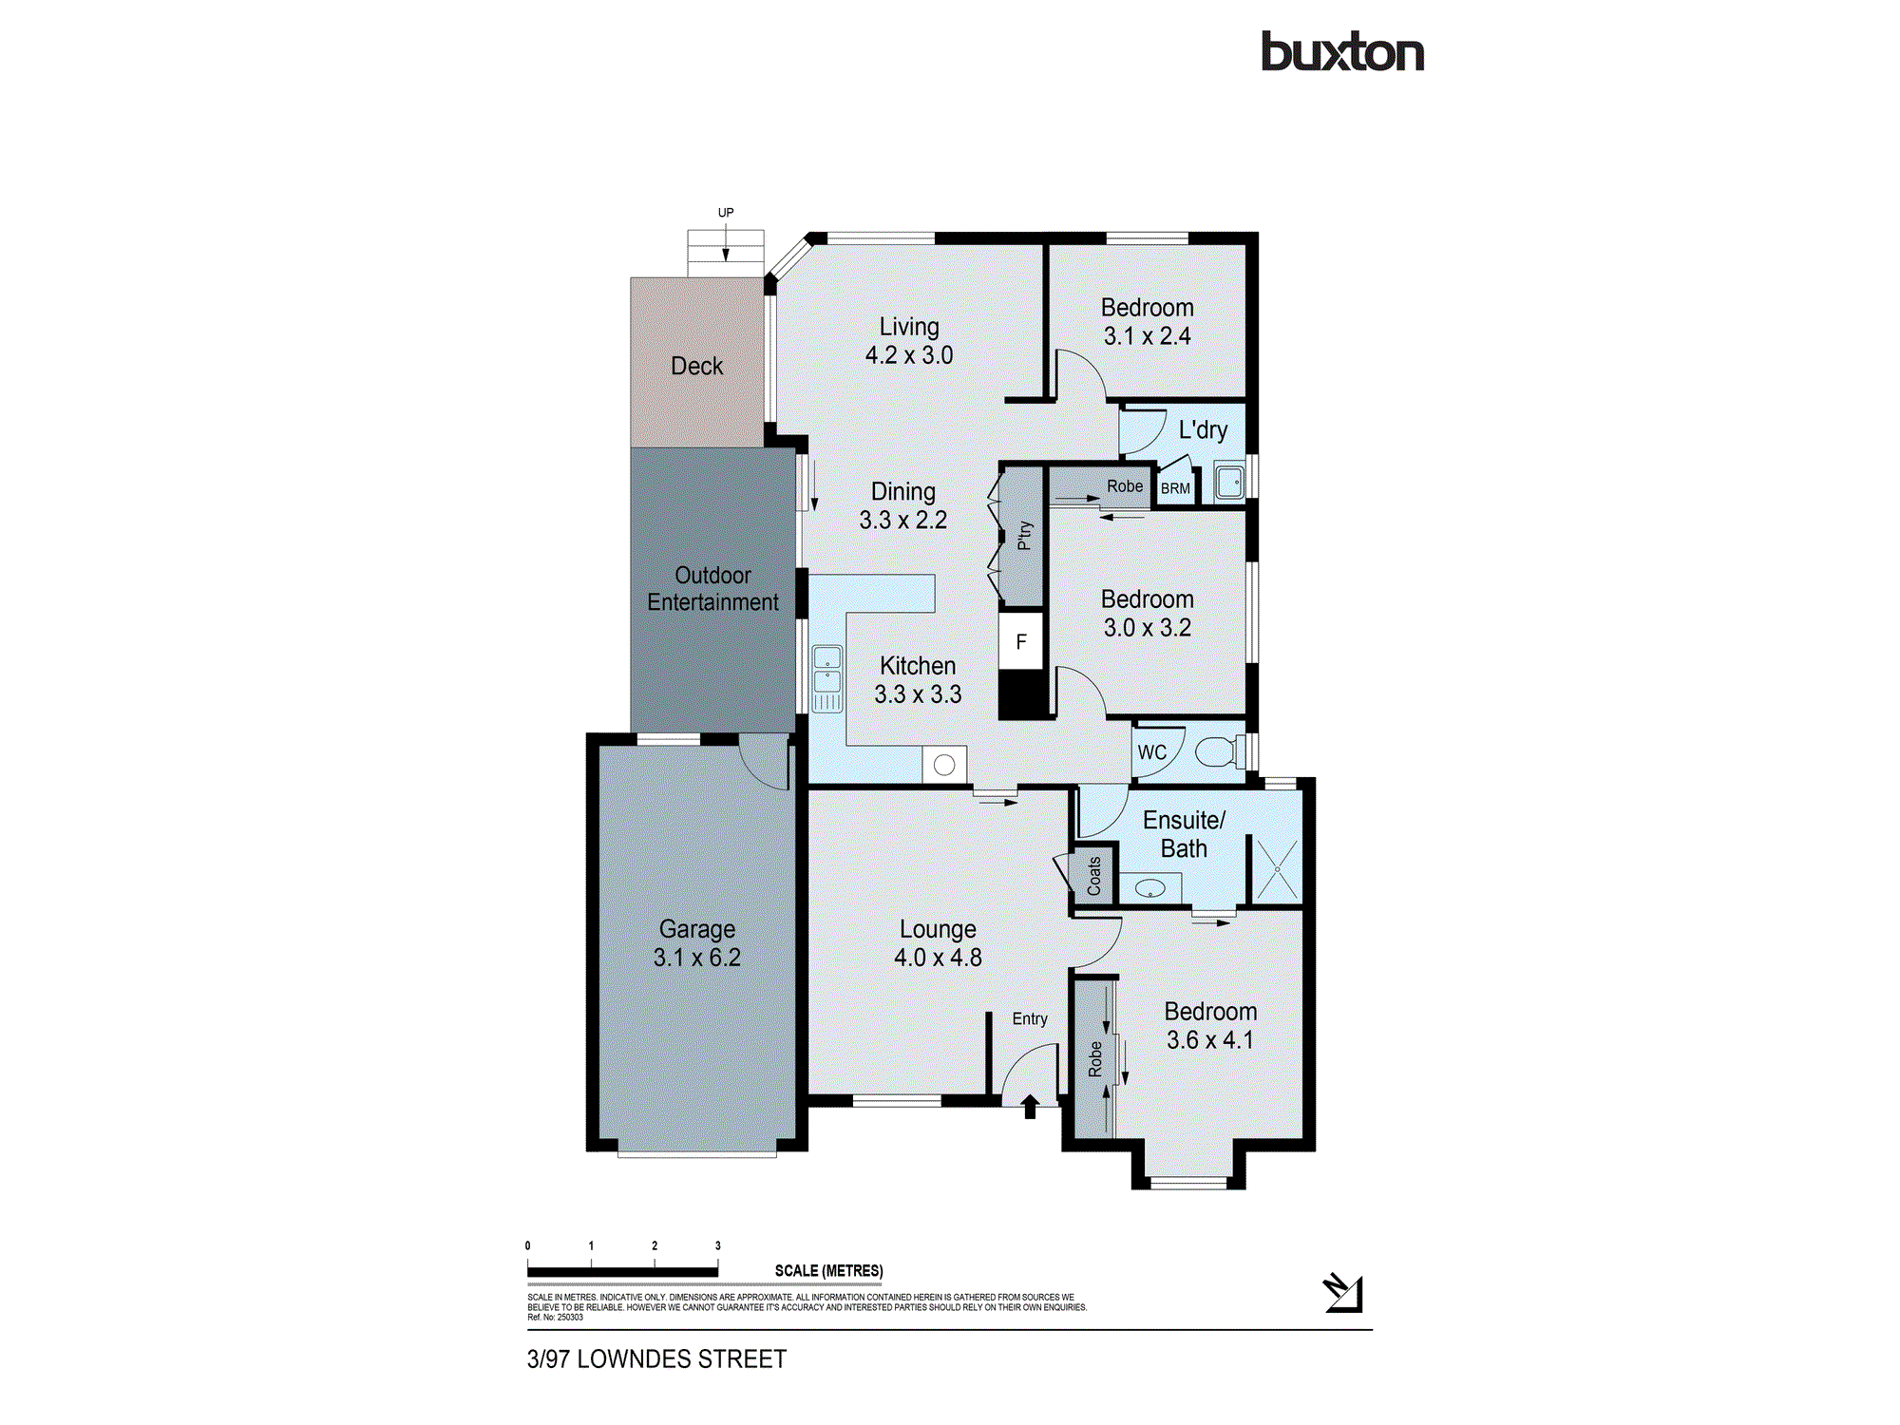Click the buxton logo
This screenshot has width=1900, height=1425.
tap(1341, 52)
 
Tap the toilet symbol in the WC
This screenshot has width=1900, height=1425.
tap(1217, 752)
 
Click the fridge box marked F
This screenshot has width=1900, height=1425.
tap(1021, 642)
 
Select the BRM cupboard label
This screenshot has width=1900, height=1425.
tap(1175, 488)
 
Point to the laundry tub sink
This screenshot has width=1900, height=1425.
tap(1230, 483)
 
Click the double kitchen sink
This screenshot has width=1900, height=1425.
tap(826, 670)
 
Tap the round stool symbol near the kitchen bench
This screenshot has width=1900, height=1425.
tap(944, 765)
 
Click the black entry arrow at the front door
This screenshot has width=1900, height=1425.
tap(1030, 1107)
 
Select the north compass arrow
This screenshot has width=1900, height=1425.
tap(1343, 1293)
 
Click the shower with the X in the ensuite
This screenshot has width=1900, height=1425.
tap(1277, 869)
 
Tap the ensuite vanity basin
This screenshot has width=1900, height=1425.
tap(1150, 889)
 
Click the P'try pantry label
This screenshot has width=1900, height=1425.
tap(1024, 535)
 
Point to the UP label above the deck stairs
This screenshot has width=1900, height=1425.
tap(726, 212)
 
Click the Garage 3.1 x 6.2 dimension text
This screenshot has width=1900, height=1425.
tap(696, 958)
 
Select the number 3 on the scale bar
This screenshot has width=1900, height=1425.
tap(718, 1245)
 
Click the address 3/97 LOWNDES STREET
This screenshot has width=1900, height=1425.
tap(656, 1359)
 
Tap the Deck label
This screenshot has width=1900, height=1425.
tap(696, 366)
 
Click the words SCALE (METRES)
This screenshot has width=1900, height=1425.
tap(828, 1271)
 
